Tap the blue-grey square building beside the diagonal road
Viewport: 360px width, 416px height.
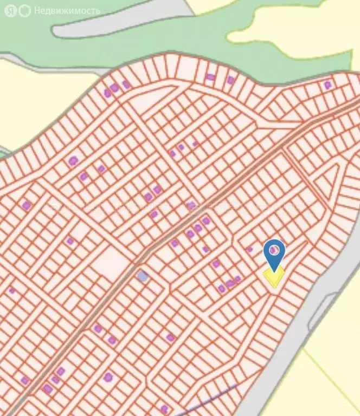(142, 276)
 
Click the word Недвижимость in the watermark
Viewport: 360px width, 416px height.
(67, 10)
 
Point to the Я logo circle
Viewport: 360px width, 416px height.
(11, 11)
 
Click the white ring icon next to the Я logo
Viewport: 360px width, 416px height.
(24, 11)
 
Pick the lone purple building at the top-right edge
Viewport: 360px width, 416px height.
(327, 85)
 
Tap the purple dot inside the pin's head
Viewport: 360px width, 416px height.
(275, 250)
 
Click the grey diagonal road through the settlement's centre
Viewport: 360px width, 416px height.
(179, 227)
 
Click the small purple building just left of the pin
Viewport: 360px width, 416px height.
(250, 249)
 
